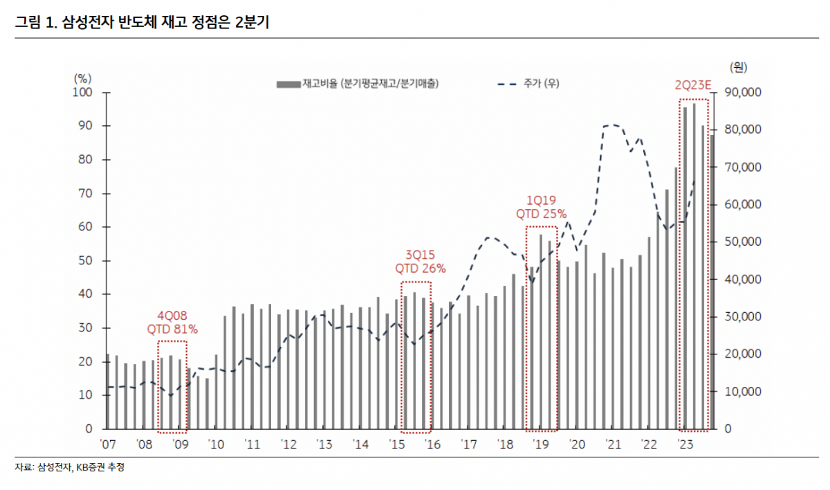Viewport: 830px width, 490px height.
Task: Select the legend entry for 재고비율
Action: (x=358, y=83)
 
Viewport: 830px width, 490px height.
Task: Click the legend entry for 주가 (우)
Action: (x=528, y=83)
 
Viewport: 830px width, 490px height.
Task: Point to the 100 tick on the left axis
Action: (x=85, y=93)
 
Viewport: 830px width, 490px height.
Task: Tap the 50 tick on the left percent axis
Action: (x=88, y=261)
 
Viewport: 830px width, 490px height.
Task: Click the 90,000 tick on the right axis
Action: (x=741, y=93)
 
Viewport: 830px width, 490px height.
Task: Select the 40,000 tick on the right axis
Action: (x=741, y=280)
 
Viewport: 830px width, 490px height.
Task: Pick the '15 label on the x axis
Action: (x=396, y=444)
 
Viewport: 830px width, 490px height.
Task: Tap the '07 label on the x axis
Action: (x=108, y=444)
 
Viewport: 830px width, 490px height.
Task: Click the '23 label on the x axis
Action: (x=685, y=444)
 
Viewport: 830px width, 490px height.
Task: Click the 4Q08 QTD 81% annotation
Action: (x=172, y=323)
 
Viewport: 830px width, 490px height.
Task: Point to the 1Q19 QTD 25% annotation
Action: (x=541, y=207)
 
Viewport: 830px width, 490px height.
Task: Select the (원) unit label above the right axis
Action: (x=737, y=67)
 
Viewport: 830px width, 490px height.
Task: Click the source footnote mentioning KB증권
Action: (x=70, y=468)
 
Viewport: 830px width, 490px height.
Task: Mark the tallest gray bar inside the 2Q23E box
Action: (x=694, y=266)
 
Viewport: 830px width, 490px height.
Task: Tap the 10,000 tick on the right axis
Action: (x=741, y=392)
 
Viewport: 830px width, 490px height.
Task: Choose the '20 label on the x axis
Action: (x=576, y=444)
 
